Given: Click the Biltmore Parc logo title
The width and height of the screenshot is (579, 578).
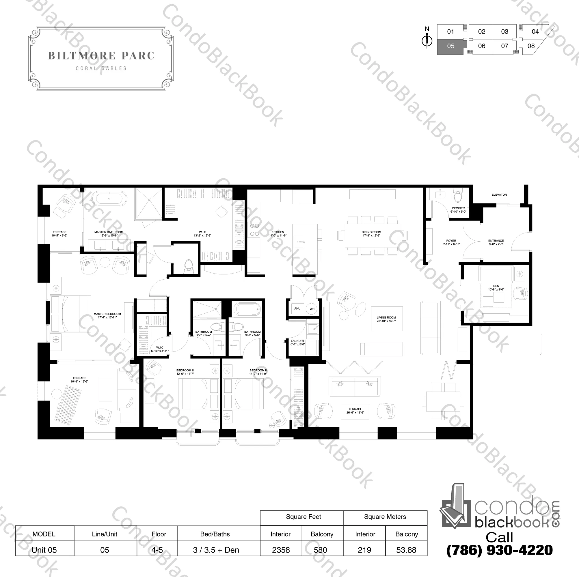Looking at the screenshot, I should pos(101,56).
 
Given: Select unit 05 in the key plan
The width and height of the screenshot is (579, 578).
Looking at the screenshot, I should pos(450,46).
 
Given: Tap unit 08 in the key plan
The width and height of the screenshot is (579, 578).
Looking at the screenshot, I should pos(531,46).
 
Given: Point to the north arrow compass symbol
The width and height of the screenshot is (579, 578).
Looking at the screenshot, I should pos(427,40).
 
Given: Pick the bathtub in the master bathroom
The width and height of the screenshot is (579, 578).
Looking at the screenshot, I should pos(109,198).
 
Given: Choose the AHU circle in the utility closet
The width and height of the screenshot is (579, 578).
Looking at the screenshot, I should pos(297,308).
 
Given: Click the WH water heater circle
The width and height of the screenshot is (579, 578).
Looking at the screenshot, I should pos(312,309).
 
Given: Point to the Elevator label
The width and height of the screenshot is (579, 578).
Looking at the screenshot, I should pos(499,195).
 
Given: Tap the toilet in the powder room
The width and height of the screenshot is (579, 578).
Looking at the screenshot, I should pos(458,196).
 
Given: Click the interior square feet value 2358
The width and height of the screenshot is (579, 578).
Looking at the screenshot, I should pos(281,550).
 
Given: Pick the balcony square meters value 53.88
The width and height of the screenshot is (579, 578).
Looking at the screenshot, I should pos(406,550).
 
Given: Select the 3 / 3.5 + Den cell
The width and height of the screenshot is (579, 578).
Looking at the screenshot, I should pos(216,550).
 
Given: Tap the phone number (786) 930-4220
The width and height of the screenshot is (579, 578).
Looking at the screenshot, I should pos(499,550).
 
